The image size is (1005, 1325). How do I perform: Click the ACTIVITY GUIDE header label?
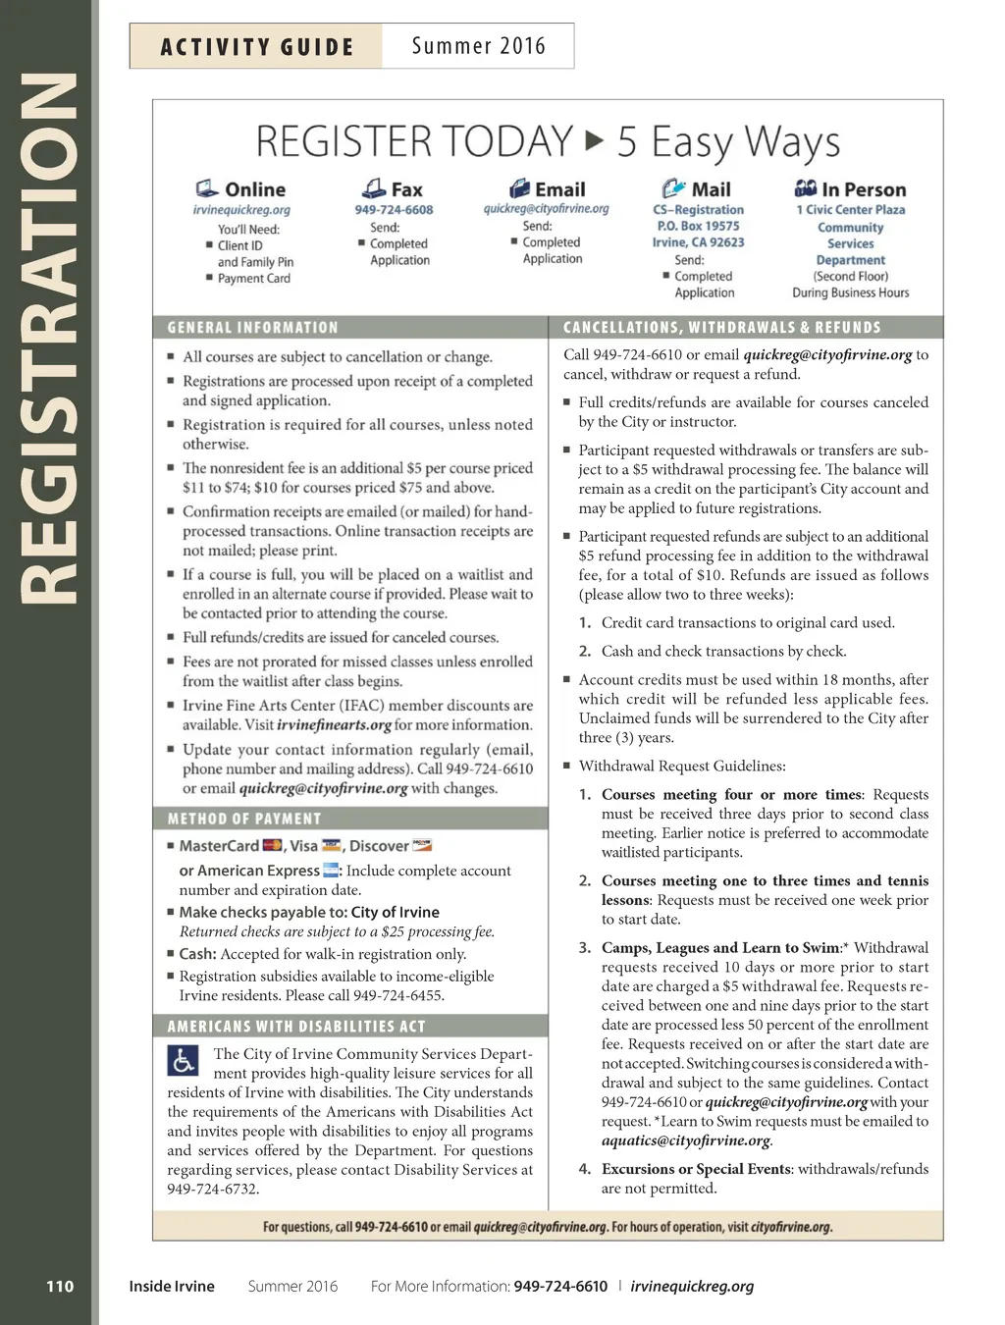click(256, 47)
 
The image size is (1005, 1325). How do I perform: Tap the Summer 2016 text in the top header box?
click(478, 46)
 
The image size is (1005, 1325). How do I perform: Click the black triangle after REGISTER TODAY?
click(594, 140)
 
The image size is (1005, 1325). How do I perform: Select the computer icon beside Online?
click(206, 188)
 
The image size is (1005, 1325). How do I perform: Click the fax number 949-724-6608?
click(394, 209)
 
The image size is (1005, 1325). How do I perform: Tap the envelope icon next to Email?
click(519, 188)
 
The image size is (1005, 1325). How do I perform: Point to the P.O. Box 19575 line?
click(698, 226)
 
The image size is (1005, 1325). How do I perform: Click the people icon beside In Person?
click(805, 187)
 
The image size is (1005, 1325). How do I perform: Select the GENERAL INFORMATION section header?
click(252, 328)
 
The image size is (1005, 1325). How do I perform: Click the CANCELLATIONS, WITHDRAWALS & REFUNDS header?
click(721, 328)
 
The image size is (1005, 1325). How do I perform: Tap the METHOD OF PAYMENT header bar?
click(244, 819)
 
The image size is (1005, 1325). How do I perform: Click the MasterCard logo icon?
click(272, 845)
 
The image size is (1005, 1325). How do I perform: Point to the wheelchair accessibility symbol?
click(184, 1061)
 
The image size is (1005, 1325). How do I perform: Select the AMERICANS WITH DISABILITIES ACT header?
click(296, 1027)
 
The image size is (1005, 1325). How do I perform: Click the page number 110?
click(60, 1286)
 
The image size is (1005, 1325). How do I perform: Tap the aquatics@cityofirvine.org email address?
click(686, 1140)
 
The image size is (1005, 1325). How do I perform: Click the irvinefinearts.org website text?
click(335, 725)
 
